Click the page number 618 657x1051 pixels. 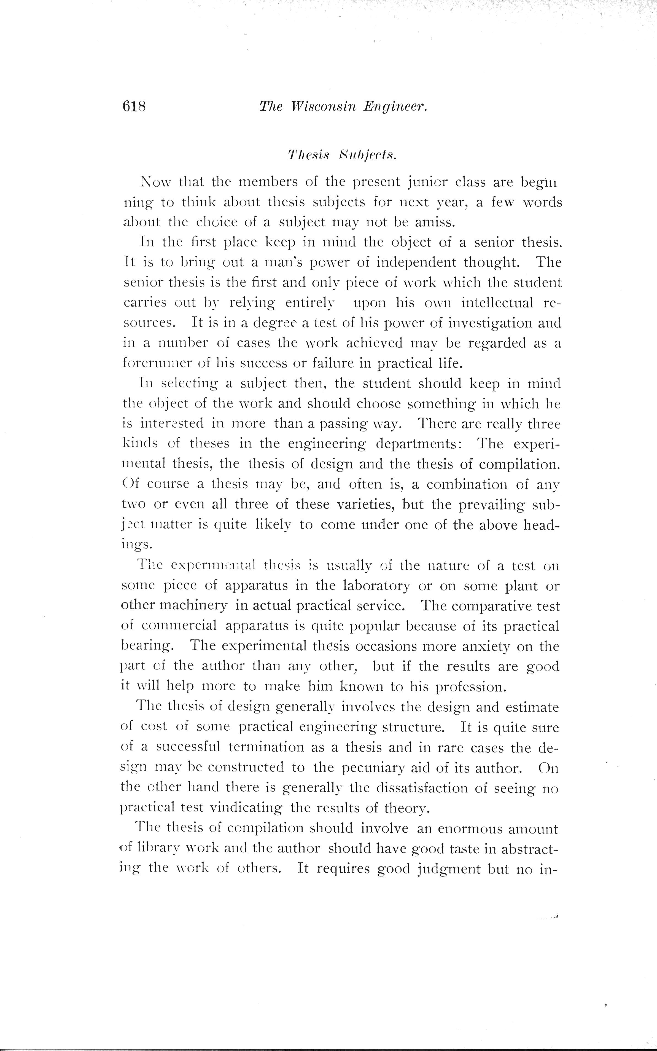click(x=134, y=106)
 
